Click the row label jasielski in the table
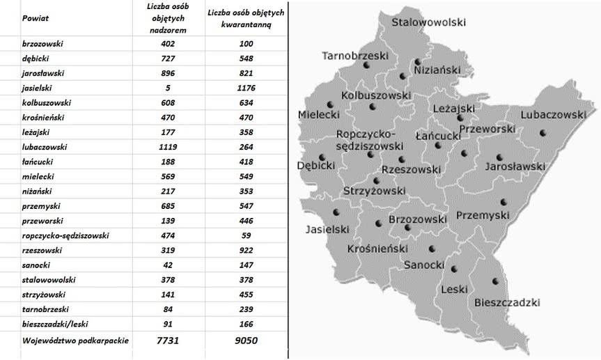click(38, 88)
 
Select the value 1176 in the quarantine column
click(246, 88)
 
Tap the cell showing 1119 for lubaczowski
click(168, 147)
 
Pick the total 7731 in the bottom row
click(168, 341)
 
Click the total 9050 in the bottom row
click(246, 341)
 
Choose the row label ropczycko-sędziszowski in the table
click(65, 235)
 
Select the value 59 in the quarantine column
click(246, 235)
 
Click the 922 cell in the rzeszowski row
click(246, 250)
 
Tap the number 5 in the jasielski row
click(168, 88)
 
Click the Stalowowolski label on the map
click(428, 22)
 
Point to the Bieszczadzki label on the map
click(507, 302)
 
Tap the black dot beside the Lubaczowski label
click(543, 132)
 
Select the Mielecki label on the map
click(318, 114)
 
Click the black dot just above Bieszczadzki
click(495, 281)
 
